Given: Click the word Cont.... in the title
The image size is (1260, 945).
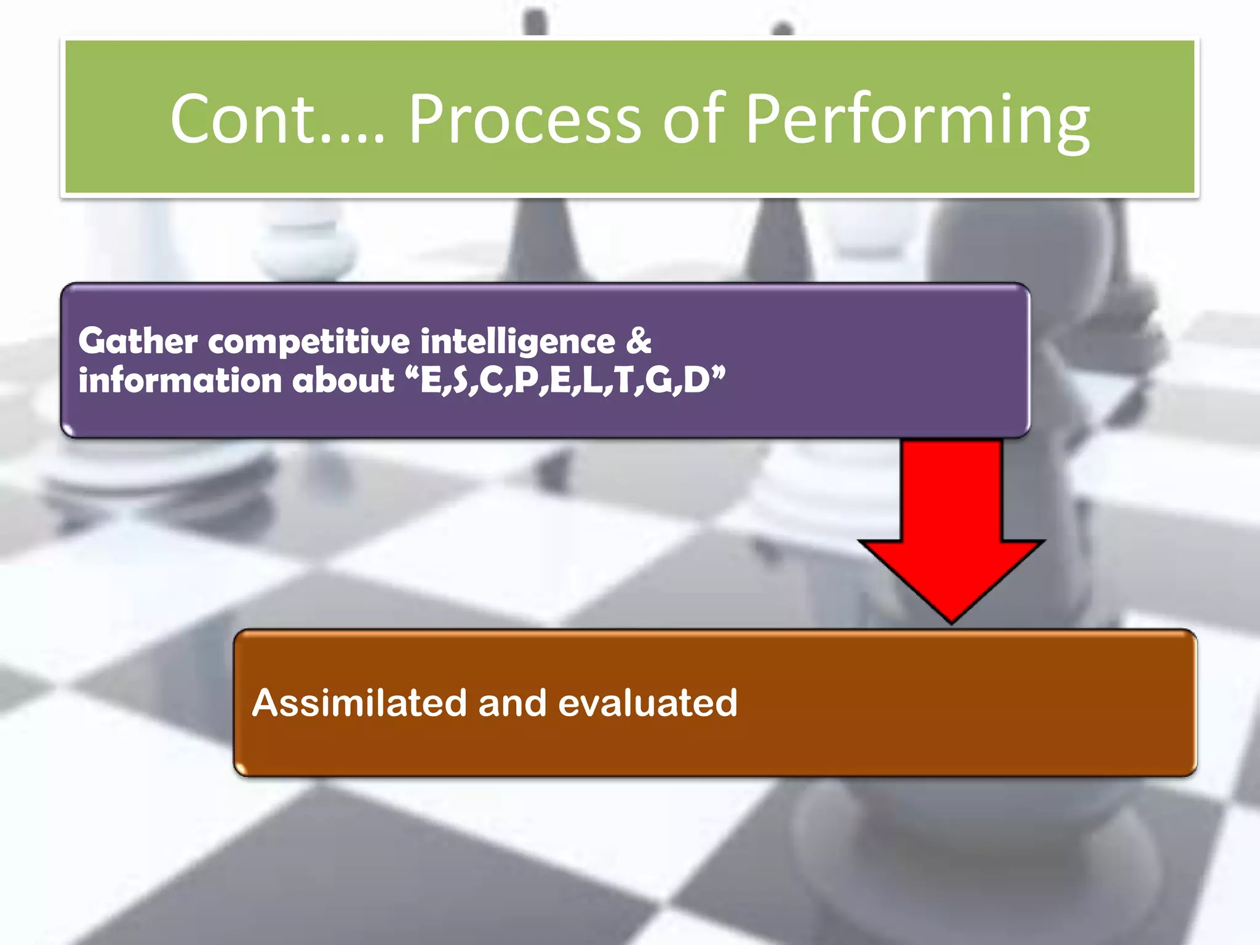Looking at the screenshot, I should pos(277,118).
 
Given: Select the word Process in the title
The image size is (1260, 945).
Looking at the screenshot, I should pos(525,118).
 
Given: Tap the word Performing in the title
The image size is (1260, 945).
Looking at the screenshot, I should pos(917,120).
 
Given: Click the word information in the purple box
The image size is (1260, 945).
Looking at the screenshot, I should pos(179,380).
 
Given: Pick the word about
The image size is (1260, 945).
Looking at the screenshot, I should pos(343,380).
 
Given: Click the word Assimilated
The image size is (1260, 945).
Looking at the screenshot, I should pos(359,703).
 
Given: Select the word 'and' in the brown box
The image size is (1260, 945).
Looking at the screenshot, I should pos(512,703).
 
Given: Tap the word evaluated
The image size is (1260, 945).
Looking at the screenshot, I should pos(647,703).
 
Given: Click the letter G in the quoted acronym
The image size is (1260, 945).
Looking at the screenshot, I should pos(659,380).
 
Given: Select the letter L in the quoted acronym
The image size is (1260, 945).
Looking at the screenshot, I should pos(592,380).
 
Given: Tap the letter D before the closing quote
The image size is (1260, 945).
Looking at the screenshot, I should pos(696,380).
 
